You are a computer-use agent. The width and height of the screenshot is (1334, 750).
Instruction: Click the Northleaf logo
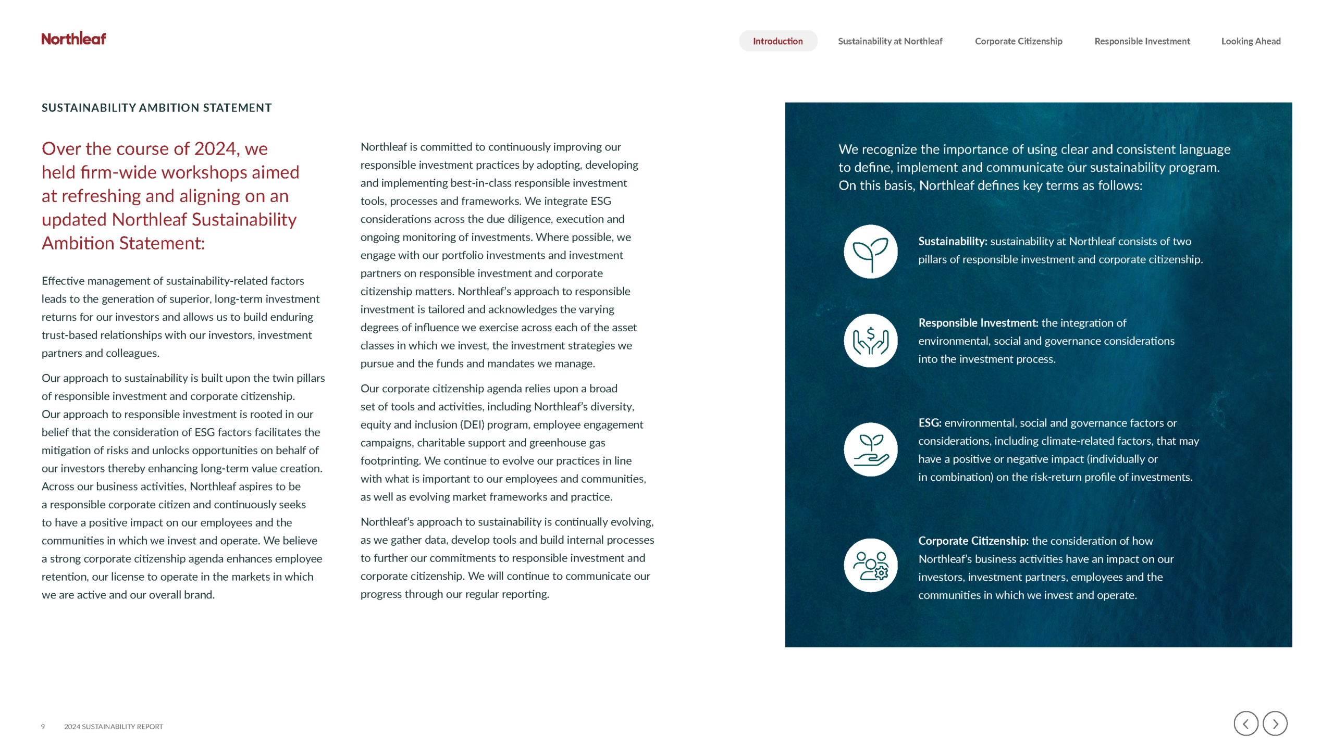tap(73, 39)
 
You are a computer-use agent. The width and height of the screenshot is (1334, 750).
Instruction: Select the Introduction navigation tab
tap(777, 41)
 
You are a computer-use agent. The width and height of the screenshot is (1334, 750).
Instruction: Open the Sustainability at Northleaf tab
tap(890, 41)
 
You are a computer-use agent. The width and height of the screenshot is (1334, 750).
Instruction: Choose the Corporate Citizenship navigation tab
tap(1018, 41)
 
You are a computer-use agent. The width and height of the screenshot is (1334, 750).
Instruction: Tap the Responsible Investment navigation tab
tap(1142, 41)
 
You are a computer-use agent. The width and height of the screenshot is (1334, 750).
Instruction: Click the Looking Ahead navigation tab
tap(1251, 41)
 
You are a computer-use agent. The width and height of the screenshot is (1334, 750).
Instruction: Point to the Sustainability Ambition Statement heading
tap(156, 108)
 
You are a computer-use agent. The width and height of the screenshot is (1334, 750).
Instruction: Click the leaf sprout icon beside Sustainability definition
tap(870, 252)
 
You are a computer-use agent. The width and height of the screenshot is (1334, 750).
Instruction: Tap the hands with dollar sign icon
tap(870, 341)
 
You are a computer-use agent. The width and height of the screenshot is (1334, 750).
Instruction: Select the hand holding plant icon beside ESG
tap(870, 449)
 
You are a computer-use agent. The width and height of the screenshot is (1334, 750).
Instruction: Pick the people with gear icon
tap(870, 565)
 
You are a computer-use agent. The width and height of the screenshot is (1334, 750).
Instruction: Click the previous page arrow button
tap(1245, 723)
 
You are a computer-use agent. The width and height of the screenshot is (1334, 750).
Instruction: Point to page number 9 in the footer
tap(43, 727)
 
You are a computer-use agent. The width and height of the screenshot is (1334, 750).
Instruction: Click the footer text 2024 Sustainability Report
tap(113, 727)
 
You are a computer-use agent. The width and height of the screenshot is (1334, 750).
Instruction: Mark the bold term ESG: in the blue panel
tap(930, 423)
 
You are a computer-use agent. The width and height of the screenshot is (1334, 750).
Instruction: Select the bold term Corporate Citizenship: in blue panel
tap(973, 541)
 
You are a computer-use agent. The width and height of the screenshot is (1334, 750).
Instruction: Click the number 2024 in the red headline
tap(215, 149)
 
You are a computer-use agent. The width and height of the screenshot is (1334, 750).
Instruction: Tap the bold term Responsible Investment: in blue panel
tap(978, 323)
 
